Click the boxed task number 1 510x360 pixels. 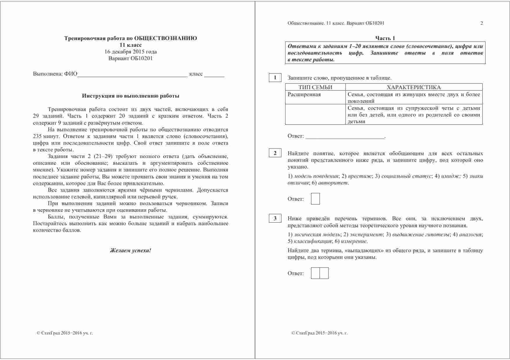coord(275,78)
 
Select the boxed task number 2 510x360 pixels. coord(275,153)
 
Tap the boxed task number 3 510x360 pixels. coord(275,218)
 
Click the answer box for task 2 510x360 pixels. coord(315,199)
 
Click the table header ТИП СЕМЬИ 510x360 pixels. coord(315,87)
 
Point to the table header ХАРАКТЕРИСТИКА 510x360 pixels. coord(413,87)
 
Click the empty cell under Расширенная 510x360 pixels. coord(315,114)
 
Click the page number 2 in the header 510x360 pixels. coord(482,23)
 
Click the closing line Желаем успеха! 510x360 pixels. coord(131,250)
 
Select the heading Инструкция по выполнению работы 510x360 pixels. coord(131,96)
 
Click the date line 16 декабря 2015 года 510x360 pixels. coord(131,52)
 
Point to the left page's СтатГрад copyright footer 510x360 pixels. coord(65,333)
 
